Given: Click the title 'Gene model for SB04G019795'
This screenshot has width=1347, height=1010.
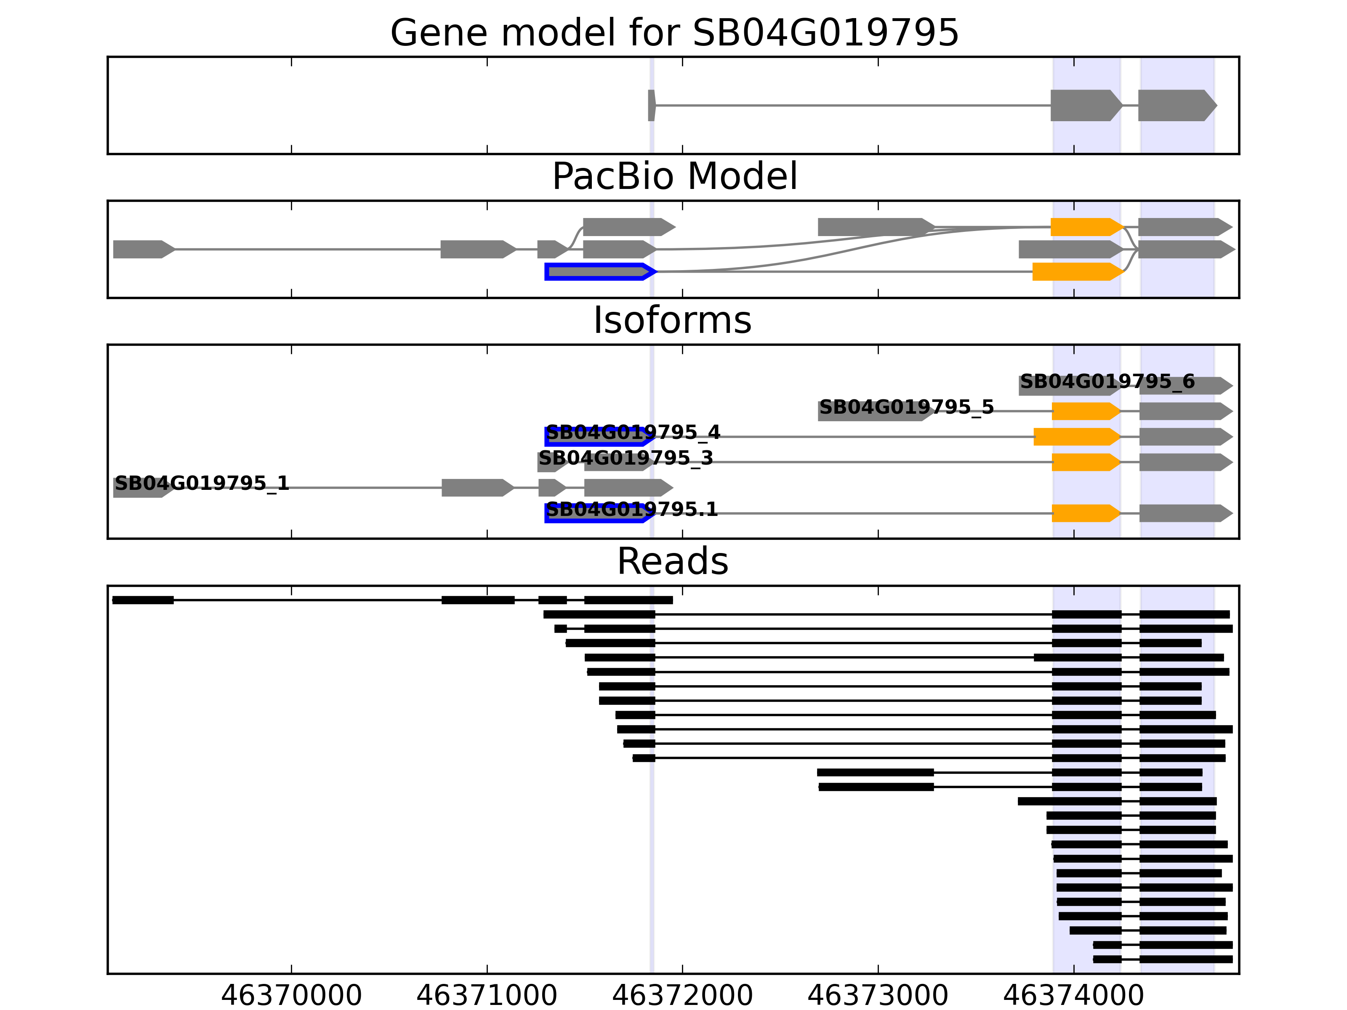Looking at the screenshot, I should click(674, 33).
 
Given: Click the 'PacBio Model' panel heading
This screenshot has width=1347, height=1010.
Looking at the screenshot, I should click(674, 177).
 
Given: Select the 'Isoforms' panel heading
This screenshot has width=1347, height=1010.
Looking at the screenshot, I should click(672, 320).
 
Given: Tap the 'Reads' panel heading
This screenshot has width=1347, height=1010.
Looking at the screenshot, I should click(672, 561).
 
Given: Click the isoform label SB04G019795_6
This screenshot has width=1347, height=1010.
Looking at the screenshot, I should click(1107, 382).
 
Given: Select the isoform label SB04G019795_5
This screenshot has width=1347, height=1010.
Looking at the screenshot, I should click(906, 407).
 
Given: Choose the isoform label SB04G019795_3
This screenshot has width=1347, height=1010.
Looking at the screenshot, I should click(626, 458).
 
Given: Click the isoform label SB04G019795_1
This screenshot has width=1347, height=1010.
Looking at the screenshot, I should click(202, 484).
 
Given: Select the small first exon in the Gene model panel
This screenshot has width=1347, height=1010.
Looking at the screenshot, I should click(652, 105).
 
